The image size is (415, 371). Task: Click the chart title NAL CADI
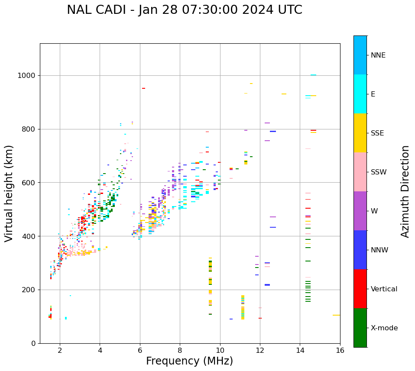coord(185,10)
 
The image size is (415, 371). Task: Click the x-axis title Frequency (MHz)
coord(189,361)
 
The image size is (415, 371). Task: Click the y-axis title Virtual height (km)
coord(9,194)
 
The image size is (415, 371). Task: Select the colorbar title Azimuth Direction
coord(405,191)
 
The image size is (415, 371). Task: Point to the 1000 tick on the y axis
coord(28,76)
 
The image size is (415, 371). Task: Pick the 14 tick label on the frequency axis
coord(300,350)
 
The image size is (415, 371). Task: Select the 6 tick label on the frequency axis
coord(140,350)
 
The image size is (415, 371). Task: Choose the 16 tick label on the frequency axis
coord(340,350)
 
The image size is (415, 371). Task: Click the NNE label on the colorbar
coord(378,55)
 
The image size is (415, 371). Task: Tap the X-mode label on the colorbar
coord(384,328)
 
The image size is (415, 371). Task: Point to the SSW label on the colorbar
coord(379,172)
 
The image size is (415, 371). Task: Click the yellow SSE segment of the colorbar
coord(360,133)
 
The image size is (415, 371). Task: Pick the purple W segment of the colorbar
coord(360,211)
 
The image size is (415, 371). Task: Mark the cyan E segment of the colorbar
coord(360,94)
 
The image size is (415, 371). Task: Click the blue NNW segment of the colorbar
coord(360,250)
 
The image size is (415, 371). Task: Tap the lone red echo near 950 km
coord(143,88)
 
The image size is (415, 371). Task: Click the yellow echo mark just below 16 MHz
coord(336,315)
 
